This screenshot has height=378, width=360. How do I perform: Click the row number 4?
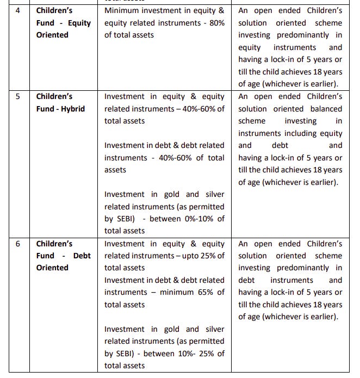coord(18,10)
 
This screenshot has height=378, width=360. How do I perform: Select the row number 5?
coord(18,96)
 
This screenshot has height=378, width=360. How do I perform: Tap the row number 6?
coord(18,244)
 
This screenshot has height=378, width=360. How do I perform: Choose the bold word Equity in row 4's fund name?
coord(79,23)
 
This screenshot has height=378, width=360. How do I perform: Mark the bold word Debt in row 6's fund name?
coord(82,256)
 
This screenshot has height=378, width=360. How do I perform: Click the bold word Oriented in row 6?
coord(52,268)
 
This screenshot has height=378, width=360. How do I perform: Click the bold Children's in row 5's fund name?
coord(54,96)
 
